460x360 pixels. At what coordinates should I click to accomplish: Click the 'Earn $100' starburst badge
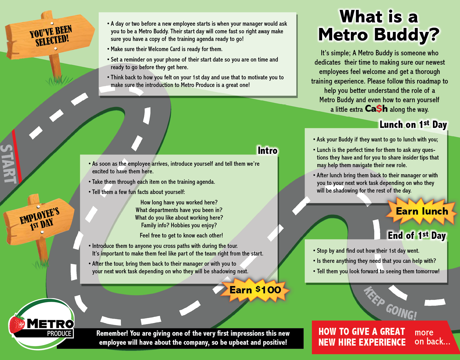click(x=255, y=290)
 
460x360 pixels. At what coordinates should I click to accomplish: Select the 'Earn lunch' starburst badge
click(x=422, y=211)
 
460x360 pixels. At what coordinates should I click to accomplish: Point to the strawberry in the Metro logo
click(x=17, y=324)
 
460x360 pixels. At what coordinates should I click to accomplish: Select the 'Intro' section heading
click(x=267, y=150)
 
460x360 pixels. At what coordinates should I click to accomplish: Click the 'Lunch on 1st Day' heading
click(x=413, y=125)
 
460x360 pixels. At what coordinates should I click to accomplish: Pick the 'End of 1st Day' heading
click(x=417, y=235)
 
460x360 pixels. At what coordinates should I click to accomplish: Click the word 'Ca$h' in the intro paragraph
click(x=376, y=109)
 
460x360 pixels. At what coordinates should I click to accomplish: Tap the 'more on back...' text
click(x=432, y=337)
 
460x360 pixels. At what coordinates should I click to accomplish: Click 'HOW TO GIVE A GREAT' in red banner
click(x=362, y=331)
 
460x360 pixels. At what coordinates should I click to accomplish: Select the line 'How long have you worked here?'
click(x=179, y=202)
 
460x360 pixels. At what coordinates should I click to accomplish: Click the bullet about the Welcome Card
click(x=166, y=49)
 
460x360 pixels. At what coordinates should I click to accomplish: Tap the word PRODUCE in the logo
click(x=59, y=333)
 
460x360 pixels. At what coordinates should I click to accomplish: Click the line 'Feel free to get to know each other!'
click(x=181, y=235)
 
